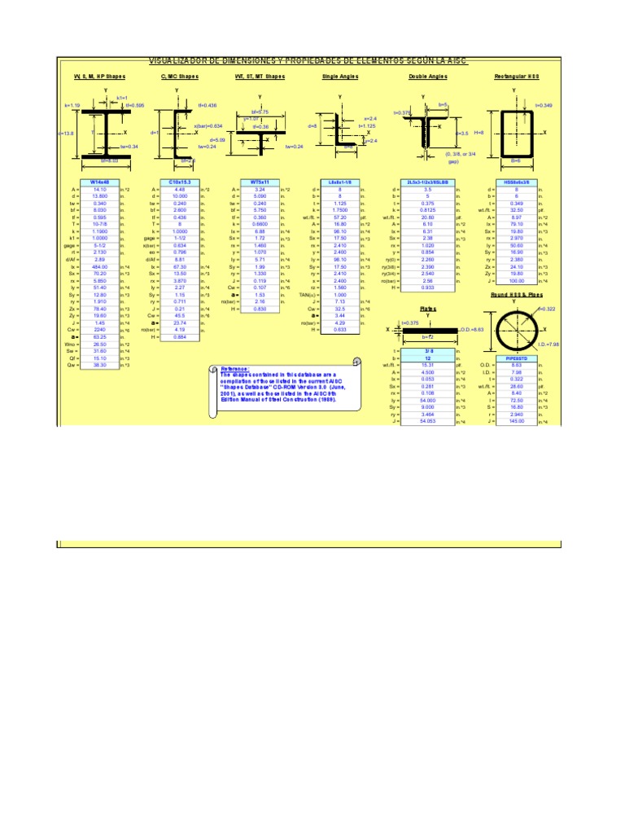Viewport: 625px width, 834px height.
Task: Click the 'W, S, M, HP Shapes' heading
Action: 100,77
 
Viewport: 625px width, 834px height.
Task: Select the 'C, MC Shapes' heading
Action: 179,77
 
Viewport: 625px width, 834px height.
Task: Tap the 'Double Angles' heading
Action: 428,77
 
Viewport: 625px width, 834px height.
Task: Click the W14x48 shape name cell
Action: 100,182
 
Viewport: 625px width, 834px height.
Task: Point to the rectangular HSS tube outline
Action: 515,133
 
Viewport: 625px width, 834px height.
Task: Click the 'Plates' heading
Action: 428,309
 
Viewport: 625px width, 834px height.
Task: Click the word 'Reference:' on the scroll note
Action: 236,369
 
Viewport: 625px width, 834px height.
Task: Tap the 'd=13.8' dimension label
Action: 66,132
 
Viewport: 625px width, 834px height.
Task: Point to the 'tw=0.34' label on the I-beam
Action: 129,147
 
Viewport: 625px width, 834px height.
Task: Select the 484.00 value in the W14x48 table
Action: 100,266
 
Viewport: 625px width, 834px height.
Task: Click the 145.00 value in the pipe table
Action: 515,421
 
